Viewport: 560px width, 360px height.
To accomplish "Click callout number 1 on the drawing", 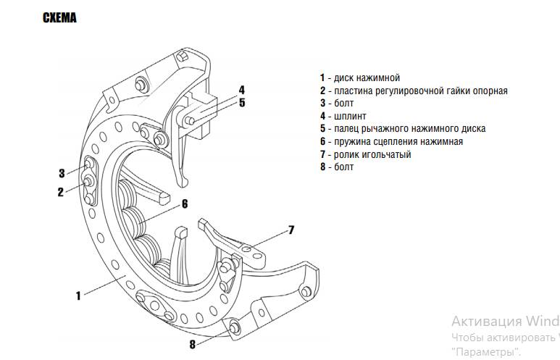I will pos(78,296).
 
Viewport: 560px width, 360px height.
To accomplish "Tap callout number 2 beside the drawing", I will pos(61,192).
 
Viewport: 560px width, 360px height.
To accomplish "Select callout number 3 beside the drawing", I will pos(62,173).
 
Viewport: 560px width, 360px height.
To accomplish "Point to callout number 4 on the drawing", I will pos(242,90).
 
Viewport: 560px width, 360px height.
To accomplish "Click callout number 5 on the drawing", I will pos(242,103).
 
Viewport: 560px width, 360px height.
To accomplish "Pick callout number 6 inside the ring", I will pos(185,204).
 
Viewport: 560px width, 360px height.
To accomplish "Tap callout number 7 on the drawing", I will pos(291,230).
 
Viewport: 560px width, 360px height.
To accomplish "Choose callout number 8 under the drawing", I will pos(193,344).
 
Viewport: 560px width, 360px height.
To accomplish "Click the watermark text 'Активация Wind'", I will pos(505,321).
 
